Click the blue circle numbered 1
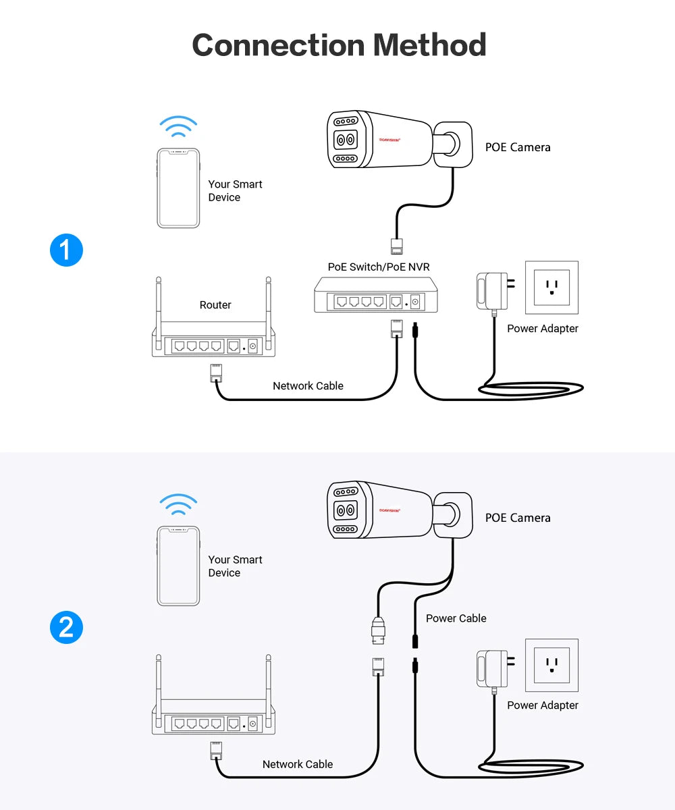(66, 250)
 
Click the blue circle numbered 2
(66, 627)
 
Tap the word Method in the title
(429, 45)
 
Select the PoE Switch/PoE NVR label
(379, 267)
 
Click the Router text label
(215, 305)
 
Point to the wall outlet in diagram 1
(552, 287)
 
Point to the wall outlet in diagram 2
(552, 665)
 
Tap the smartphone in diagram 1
(178, 188)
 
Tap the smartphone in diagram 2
(178, 566)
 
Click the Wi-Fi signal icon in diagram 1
(178, 127)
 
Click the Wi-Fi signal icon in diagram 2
(178, 504)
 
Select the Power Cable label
(456, 618)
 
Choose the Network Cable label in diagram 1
(308, 386)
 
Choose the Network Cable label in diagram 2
(298, 764)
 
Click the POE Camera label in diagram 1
(518, 147)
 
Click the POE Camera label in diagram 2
(518, 518)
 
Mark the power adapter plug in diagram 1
(492, 291)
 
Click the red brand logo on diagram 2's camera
(390, 510)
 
